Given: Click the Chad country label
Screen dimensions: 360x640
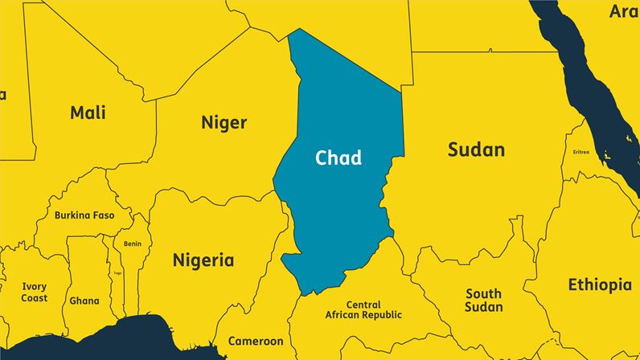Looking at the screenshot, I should (x=338, y=157).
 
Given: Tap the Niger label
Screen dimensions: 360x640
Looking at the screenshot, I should (x=224, y=123).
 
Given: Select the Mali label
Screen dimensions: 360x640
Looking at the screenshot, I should (x=88, y=112).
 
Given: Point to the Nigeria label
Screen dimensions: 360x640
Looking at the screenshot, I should (x=203, y=260).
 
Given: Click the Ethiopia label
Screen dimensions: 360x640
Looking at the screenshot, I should (x=600, y=284).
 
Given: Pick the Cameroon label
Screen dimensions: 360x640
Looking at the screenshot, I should (x=256, y=341).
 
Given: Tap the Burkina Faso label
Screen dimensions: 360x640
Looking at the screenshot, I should (x=84, y=215).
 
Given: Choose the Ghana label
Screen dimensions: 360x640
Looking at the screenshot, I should (x=84, y=301).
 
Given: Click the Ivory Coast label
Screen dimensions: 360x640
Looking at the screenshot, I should (x=35, y=286).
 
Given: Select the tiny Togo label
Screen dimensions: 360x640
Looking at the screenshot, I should (x=117, y=273).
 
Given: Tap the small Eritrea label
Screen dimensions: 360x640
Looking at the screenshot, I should (x=581, y=152).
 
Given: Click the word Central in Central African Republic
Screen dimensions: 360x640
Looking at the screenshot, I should (x=363, y=305).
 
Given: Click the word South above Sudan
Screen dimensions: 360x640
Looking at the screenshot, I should (x=483, y=293).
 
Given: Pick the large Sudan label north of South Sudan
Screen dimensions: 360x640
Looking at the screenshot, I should (x=476, y=149).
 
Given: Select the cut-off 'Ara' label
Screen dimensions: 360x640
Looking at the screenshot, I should (x=623, y=11).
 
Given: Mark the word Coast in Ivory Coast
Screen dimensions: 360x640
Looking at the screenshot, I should (x=35, y=298).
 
